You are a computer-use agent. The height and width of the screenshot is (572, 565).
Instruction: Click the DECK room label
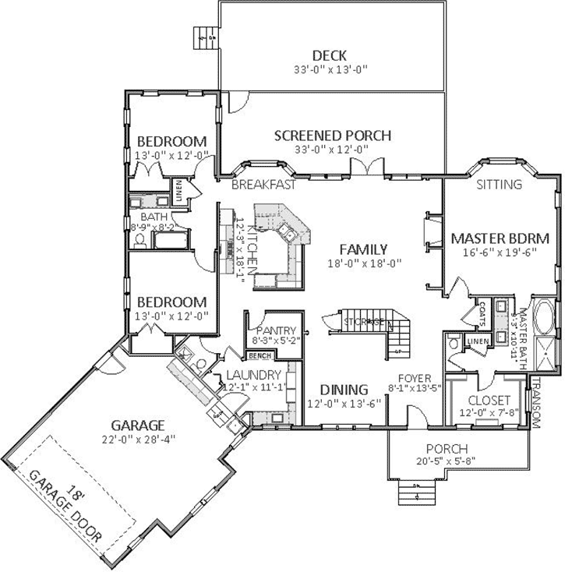tap(329, 55)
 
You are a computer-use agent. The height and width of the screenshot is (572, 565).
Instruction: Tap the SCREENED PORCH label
tap(332, 136)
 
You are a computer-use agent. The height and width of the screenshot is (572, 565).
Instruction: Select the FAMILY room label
tap(364, 249)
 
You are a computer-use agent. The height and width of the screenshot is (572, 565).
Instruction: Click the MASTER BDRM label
tap(500, 238)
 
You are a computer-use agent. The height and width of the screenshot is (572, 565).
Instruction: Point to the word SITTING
tap(499, 185)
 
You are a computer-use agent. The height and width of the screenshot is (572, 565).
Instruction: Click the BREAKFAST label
tap(263, 185)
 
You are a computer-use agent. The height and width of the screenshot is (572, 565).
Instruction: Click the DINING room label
tap(344, 390)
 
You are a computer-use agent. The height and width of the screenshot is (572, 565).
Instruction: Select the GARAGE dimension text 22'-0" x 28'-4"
tap(138, 439)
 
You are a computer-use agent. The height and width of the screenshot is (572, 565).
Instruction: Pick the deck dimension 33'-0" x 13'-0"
tap(329, 69)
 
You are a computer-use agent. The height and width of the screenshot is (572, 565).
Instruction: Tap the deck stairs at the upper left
tap(205, 37)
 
